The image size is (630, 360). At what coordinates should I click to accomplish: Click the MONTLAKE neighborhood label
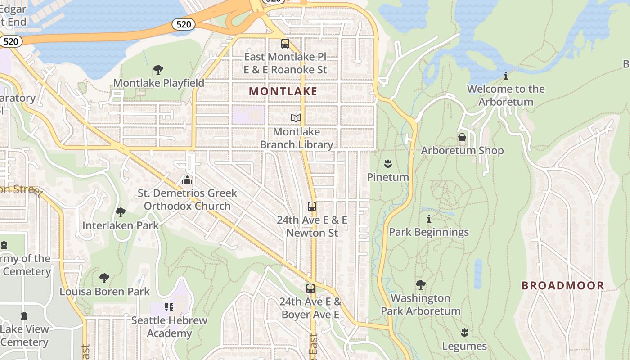(x=283, y=91)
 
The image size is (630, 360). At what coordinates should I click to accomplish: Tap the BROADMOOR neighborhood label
(x=562, y=285)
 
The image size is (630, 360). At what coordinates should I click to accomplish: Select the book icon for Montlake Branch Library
(x=296, y=118)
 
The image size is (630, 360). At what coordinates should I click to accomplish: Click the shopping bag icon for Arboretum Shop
(x=462, y=137)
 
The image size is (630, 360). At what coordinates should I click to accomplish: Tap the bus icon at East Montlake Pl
(x=285, y=44)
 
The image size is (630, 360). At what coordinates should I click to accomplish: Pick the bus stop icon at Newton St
(x=311, y=207)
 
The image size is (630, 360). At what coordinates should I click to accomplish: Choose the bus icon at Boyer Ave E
(x=310, y=288)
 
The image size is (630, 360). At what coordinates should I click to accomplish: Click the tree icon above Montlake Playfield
(x=158, y=70)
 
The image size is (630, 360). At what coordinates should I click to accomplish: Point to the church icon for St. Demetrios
(x=187, y=180)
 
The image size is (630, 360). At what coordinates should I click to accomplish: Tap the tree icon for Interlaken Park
(x=120, y=212)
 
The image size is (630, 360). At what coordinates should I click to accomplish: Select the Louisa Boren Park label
(x=105, y=292)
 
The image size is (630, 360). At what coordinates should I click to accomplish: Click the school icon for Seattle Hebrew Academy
(x=169, y=307)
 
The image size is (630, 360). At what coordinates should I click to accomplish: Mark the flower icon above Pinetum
(x=388, y=164)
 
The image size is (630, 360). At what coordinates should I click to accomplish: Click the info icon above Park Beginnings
(x=429, y=219)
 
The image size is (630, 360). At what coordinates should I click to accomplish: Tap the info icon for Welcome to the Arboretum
(x=506, y=76)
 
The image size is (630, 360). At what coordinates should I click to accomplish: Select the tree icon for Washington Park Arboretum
(x=420, y=284)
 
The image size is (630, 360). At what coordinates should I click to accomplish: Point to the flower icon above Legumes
(x=464, y=333)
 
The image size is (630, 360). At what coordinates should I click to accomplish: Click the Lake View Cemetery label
(x=24, y=336)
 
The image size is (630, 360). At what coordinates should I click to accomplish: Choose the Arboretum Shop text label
(x=462, y=151)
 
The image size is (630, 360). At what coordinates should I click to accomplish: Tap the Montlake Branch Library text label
(x=297, y=138)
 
